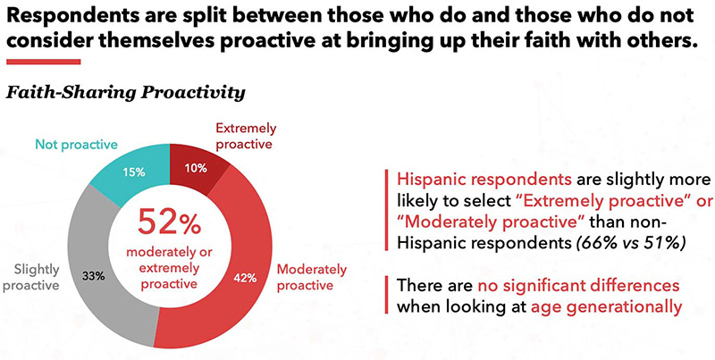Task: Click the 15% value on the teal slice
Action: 136,172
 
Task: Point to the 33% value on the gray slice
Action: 93,275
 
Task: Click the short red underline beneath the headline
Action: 43,62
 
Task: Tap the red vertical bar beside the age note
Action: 384,297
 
